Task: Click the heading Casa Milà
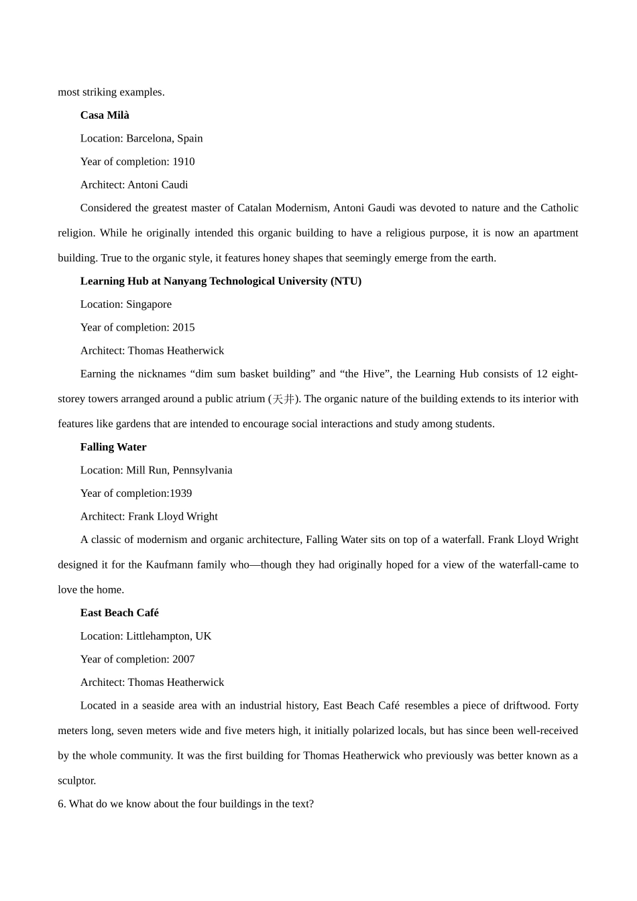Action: [105, 115]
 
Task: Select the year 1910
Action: [183, 162]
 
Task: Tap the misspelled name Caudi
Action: [174, 185]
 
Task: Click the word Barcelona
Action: [149, 139]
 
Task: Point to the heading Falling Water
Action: [113, 447]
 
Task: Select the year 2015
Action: [183, 328]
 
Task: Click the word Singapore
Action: [149, 304]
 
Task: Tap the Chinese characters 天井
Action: [283, 400]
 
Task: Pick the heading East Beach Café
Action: [119, 613]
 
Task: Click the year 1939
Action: [180, 493]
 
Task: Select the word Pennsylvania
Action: [202, 471]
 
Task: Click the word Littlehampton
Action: [158, 636]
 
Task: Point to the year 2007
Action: [183, 660]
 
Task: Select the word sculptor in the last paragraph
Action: [77, 781]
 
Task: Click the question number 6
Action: [62, 804]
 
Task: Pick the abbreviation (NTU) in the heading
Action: [346, 282]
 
